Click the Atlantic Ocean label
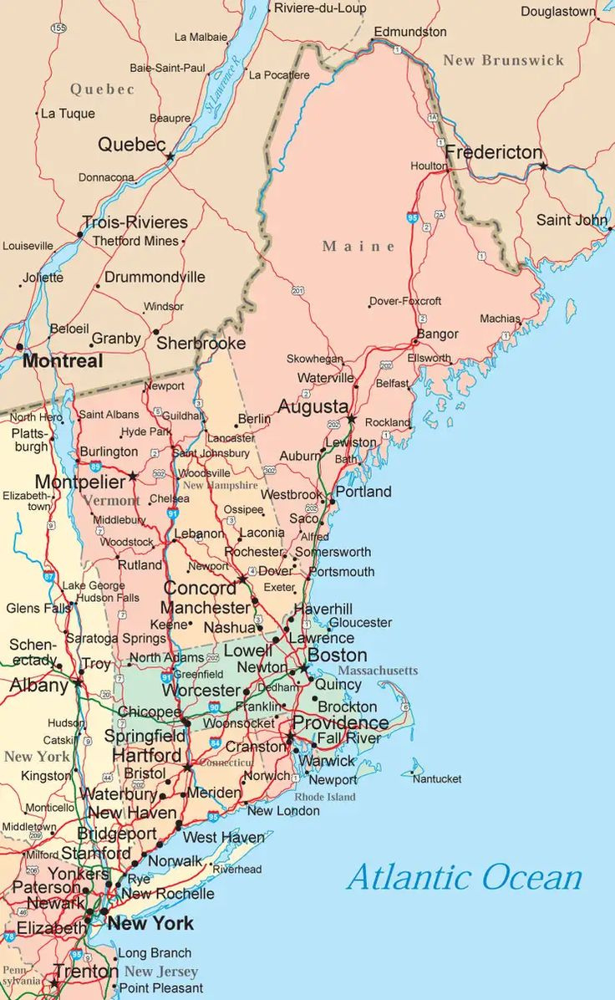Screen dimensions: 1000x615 pos(464,878)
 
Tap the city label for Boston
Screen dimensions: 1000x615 pos(338,656)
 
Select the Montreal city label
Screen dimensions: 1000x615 pos(63,361)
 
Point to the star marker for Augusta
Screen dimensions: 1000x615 pos(352,418)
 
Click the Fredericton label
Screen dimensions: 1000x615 pos(494,153)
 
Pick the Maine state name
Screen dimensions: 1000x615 pos(358,246)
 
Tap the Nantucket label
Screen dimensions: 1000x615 pos(437,778)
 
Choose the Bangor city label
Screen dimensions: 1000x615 pos(438,334)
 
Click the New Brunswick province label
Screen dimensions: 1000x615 pos(503,60)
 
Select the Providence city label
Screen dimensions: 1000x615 pos(340,722)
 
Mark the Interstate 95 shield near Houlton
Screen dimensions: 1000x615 pos(413,217)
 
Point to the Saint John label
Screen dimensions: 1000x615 pos(572,220)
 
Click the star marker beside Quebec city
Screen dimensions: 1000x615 pos(170,156)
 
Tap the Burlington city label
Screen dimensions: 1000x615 pos(109,452)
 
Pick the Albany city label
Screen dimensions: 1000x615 pos(38,686)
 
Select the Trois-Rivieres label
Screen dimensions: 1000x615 pos(135,222)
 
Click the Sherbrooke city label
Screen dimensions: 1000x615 pos(201,343)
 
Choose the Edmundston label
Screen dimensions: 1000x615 pos(410,31)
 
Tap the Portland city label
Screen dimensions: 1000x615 pos(363,492)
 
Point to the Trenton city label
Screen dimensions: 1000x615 pos(86,972)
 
